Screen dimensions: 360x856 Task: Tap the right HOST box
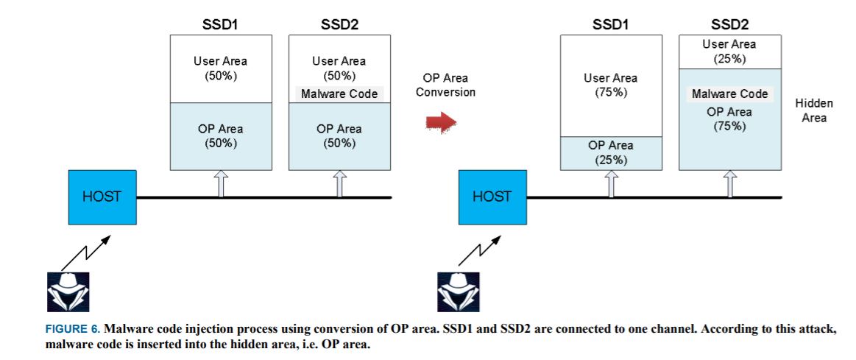coord(492,197)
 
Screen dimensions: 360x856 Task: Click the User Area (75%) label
coord(610,85)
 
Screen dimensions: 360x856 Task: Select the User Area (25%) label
coord(729,52)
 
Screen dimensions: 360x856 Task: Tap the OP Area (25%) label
coord(610,152)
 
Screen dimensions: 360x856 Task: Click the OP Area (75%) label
coord(729,119)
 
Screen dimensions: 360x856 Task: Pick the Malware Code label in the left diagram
coord(339,93)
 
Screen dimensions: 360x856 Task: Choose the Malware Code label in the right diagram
coord(729,93)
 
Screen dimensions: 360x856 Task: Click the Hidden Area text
coord(814,111)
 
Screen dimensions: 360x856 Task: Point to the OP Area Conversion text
coord(445,85)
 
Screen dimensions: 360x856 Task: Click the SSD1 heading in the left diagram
coord(220,24)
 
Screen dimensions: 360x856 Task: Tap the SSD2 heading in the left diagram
coord(339,24)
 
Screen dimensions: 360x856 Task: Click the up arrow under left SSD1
coord(220,184)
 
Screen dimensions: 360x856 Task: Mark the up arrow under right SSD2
coord(729,184)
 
